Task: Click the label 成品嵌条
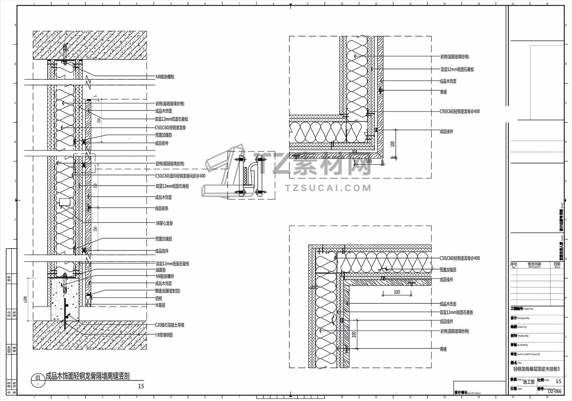(x=162, y=209)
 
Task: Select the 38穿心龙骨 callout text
(x=164, y=223)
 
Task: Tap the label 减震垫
(x=161, y=270)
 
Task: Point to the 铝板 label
(x=159, y=298)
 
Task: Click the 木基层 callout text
(x=160, y=305)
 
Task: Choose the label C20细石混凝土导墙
(x=169, y=325)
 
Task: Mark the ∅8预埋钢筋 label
(x=164, y=335)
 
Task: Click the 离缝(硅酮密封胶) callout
(x=168, y=291)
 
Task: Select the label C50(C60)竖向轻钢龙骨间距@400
(x=180, y=176)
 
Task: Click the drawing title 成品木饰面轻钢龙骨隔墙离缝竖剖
(x=87, y=376)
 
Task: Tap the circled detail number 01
(x=37, y=378)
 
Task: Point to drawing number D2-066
(x=554, y=391)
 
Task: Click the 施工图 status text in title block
(x=529, y=382)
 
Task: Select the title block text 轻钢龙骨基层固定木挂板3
(x=536, y=369)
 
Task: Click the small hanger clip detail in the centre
(x=251, y=175)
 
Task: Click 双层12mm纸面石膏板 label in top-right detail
(x=457, y=69)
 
